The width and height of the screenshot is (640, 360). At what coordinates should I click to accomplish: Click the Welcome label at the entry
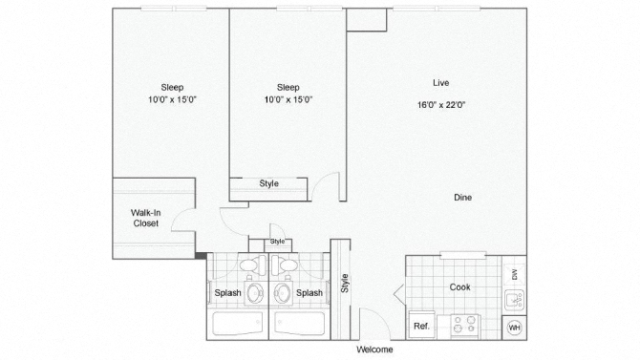374,349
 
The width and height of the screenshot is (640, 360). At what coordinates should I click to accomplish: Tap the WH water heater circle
514,328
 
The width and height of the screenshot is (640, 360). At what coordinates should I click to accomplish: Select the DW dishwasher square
514,275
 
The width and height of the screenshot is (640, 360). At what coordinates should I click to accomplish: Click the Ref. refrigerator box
421,326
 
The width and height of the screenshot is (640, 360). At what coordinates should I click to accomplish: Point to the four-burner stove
465,327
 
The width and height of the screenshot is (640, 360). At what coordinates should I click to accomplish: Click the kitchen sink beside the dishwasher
514,301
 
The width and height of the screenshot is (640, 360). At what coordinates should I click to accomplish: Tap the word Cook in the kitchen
460,286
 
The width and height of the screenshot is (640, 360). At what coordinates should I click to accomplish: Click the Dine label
463,198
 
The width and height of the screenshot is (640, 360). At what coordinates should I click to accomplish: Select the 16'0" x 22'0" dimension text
441,105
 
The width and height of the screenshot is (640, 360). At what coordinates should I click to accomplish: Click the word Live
440,83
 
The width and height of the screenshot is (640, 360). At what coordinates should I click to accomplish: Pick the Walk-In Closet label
146,218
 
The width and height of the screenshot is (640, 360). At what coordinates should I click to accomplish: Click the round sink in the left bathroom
255,293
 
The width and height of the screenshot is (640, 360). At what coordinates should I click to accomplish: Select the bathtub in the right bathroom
300,324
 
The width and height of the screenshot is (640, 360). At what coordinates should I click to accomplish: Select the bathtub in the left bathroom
238,324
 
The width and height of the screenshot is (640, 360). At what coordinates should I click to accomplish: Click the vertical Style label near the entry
345,283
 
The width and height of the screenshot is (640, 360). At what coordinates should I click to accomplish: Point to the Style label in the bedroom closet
269,183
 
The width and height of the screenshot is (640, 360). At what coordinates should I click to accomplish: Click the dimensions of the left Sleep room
172,99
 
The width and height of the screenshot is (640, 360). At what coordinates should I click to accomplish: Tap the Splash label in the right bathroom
309,292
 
